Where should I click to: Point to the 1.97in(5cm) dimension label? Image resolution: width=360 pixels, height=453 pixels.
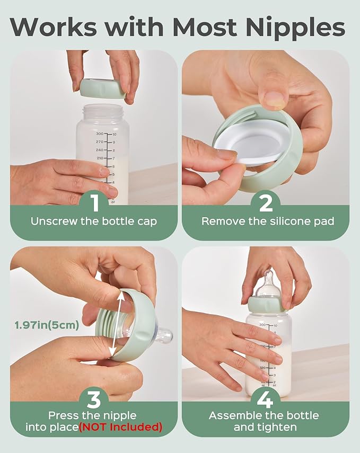46,325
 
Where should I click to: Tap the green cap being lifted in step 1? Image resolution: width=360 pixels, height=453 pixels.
103,88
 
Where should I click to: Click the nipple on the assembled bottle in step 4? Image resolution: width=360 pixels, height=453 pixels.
269,285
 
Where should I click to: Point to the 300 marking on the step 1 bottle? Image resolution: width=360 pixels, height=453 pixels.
99,135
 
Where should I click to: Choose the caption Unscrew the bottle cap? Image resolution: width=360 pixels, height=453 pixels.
93,221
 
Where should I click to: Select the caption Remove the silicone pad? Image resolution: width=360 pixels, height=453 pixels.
268,221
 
